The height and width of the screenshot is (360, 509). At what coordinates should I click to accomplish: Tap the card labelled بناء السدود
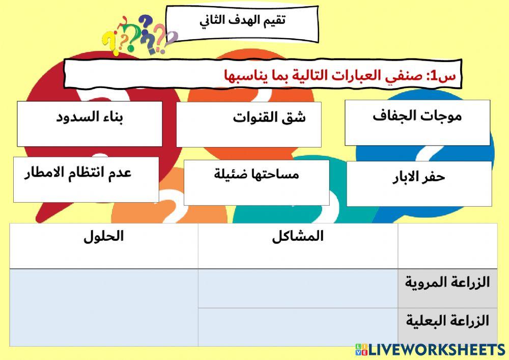(x=90, y=123)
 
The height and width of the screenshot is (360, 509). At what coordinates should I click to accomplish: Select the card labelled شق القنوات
(x=249, y=124)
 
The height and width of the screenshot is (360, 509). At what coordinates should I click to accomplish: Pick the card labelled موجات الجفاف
(x=417, y=122)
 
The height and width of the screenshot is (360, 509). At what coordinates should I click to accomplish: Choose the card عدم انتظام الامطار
(x=86, y=179)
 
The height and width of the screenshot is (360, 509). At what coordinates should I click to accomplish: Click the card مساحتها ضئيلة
(x=257, y=182)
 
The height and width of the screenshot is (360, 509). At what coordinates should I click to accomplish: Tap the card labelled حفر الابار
(x=419, y=183)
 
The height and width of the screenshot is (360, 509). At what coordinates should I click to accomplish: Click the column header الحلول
(x=104, y=237)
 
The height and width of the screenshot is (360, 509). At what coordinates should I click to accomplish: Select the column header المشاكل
(x=298, y=237)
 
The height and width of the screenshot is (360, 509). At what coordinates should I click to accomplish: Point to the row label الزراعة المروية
(x=447, y=282)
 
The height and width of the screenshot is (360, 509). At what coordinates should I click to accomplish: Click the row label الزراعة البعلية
(x=447, y=321)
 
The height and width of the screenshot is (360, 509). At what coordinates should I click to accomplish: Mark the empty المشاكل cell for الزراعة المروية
(x=298, y=288)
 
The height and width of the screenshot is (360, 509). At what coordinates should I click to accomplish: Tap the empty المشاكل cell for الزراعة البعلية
(x=298, y=327)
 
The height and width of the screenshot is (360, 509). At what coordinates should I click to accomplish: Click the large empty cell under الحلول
(x=104, y=308)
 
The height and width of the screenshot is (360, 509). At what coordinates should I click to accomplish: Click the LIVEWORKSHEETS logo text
(x=436, y=350)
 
